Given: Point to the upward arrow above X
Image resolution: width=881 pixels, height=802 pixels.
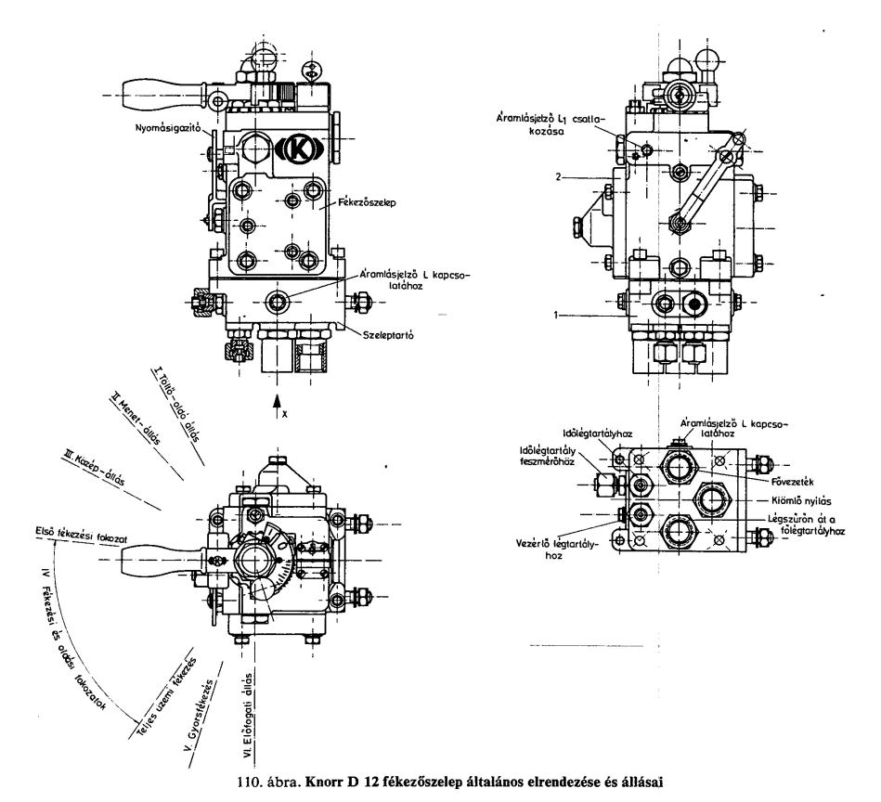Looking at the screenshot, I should [x=276, y=399].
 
